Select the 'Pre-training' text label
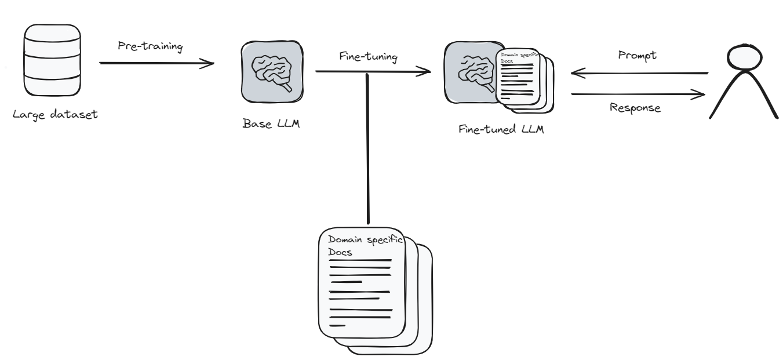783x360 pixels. pos(150,47)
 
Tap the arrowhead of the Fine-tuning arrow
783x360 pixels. pos(427,72)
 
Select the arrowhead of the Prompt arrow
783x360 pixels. pos(575,73)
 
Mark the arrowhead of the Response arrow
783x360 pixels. pos(703,94)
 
